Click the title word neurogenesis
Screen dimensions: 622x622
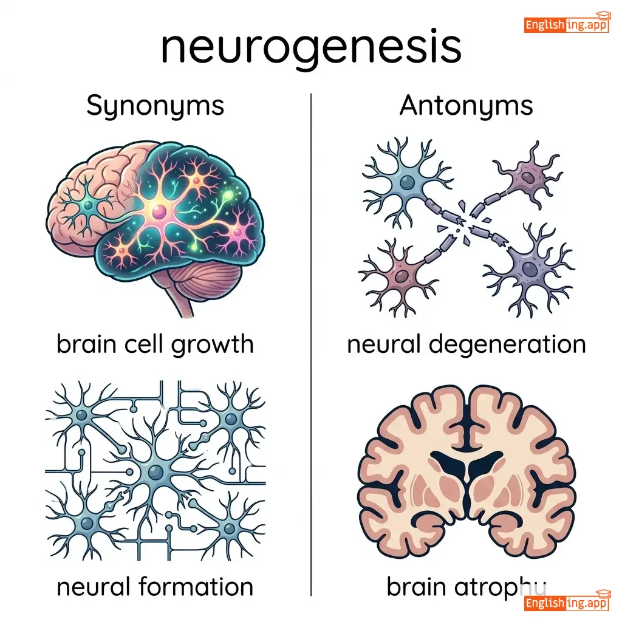pos(310,48)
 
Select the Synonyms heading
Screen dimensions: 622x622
pos(155,106)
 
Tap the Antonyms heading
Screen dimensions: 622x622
pos(466,106)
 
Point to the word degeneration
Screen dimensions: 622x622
pos(507,345)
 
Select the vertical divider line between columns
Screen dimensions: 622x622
pos(311,340)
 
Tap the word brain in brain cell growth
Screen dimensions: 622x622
pos(84,345)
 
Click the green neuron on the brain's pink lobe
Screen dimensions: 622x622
pos(89,206)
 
